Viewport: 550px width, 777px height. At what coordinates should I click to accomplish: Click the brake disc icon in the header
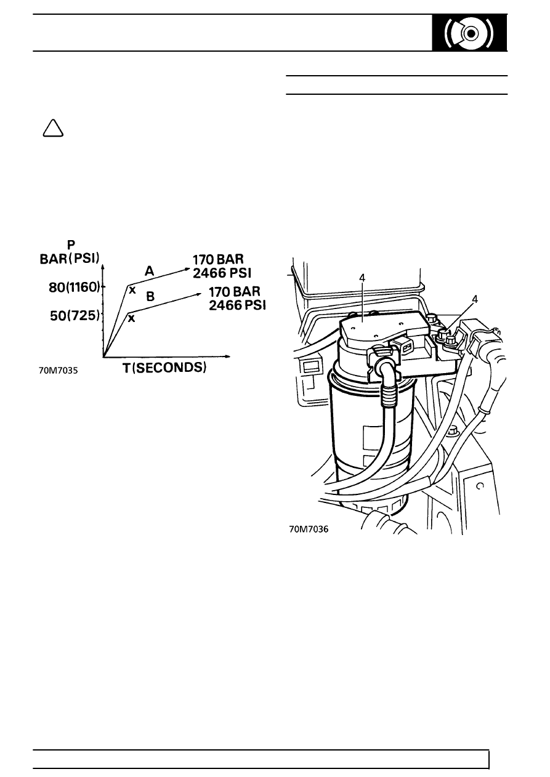pos(469,33)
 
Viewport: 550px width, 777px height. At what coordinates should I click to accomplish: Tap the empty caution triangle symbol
pos(53,128)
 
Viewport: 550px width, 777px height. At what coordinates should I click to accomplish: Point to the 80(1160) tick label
pos(75,287)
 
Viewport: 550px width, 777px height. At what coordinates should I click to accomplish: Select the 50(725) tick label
pos(75,316)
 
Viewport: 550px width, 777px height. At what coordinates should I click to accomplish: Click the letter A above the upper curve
pos(149,271)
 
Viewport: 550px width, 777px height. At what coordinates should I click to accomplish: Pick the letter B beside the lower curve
pos(150,297)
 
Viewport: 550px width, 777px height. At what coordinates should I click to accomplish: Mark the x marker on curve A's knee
pos(132,290)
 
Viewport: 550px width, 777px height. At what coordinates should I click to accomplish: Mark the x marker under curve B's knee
pos(131,318)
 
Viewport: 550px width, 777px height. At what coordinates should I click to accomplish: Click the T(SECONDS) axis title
pos(164,368)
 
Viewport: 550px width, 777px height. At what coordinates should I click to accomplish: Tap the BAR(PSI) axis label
pos(70,259)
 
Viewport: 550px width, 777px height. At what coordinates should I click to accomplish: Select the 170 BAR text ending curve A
pos(218,259)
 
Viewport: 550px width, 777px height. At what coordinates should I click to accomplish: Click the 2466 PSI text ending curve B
pos(237,305)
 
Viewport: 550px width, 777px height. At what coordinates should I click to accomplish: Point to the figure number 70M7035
pos(59,371)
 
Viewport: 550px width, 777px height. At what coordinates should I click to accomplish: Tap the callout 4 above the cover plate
pos(362,278)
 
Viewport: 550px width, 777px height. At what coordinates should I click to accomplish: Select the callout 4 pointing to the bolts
pos(475,299)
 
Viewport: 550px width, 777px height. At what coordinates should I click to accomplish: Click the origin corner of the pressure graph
pos(103,356)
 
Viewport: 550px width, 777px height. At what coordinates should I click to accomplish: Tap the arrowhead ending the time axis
pos(227,356)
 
